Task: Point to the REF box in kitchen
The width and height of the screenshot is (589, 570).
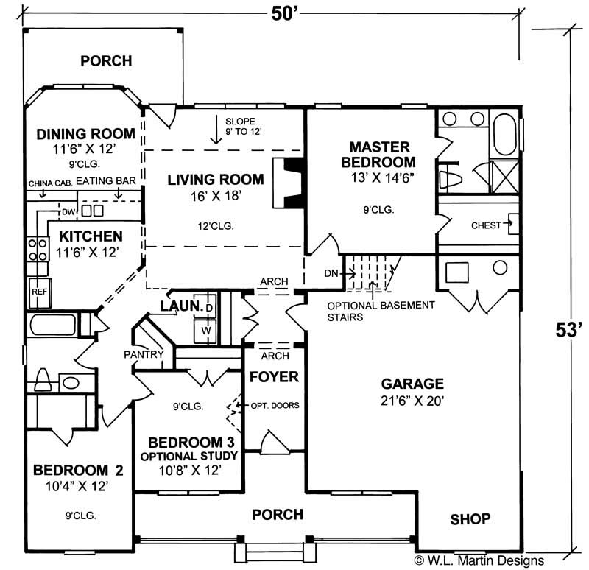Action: point(38,292)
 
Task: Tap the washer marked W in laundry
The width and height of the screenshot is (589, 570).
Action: point(207,330)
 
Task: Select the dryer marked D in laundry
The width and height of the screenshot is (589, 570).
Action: point(208,306)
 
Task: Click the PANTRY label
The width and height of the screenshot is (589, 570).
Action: point(144,354)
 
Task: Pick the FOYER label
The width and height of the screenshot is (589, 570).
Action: point(274,377)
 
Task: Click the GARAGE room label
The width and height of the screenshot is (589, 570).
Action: point(412,383)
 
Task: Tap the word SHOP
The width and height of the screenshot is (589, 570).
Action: point(470,519)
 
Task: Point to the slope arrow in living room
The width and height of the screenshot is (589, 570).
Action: point(216,130)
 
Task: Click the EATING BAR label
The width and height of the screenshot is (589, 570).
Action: point(102,180)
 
